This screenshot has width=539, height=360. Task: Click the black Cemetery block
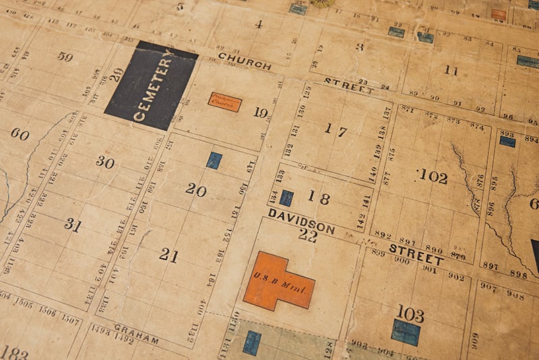click(x=151, y=86)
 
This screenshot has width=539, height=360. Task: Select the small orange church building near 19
click(x=224, y=101)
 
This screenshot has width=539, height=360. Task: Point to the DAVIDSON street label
click(x=301, y=221)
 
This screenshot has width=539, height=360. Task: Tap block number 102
click(x=433, y=177)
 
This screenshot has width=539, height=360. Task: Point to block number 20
click(x=195, y=190)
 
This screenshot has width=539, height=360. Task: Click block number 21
click(x=168, y=255)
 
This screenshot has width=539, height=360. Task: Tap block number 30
click(x=104, y=161)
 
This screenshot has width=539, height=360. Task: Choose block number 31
click(x=72, y=224)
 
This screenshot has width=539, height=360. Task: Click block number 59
click(x=65, y=57)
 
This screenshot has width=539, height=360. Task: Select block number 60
click(x=20, y=134)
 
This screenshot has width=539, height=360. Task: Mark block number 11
click(x=450, y=70)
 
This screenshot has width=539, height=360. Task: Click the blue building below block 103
click(x=406, y=332)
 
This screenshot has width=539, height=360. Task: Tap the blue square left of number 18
click(x=286, y=198)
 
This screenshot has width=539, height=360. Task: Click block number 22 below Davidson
click(x=307, y=235)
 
